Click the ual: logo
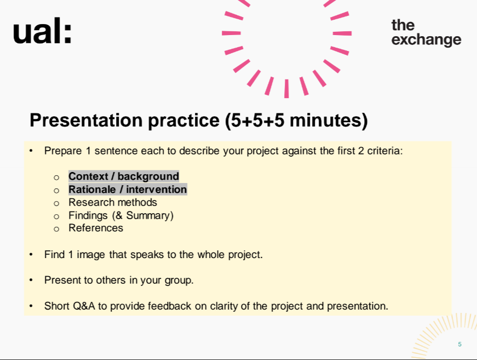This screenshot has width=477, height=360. tap(42, 31)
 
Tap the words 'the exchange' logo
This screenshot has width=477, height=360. tap(426, 33)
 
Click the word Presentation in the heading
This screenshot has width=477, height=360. tap(86, 120)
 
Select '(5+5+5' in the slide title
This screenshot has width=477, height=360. tap(255, 120)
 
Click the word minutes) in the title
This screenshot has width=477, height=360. tap(329, 120)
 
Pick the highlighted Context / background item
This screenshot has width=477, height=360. tap(124, 176)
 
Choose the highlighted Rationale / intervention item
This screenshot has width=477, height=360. tap(128, 189)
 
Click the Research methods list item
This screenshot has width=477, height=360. tap(113, 202)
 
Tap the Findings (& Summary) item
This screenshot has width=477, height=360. tap(121, 215)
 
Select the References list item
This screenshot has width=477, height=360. tap(96, 228)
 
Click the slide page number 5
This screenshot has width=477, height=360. tap(459, 344)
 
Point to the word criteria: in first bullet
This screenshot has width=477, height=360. tap(385, 151)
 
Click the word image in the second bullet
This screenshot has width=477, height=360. tap(91, 255)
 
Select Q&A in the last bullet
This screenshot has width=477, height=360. tap(84, 306)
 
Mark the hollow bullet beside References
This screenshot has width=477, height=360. tap(56, 229)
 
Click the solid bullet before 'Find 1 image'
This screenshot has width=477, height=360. tap(31, 254)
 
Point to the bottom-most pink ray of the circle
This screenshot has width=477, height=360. tap(286, 89)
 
